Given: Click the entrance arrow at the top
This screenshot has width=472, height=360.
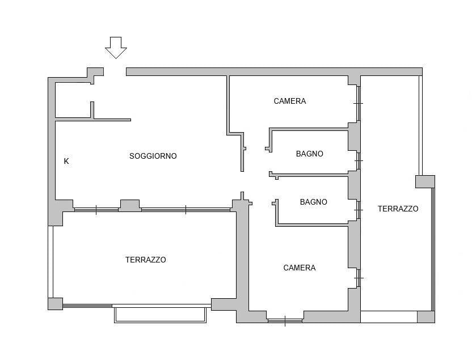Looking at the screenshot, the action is pos(116,48).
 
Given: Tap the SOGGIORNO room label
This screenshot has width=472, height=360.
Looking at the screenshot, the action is pos(153,156).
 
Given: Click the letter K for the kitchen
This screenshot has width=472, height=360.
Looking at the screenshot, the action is pos(66,161).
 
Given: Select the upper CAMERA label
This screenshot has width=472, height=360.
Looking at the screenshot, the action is pos(289,101).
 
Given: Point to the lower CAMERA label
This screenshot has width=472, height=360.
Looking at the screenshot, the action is pos(299,268).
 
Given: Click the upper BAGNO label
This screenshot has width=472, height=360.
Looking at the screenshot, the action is pos(309,154).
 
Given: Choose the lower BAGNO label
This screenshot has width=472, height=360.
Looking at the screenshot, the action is pos(313,202).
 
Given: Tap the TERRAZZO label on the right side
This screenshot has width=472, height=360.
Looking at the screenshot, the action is pos(398,209).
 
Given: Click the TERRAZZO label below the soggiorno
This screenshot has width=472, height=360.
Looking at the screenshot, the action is pos(146,260).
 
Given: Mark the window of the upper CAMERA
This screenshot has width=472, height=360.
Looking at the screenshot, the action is pos(358,103).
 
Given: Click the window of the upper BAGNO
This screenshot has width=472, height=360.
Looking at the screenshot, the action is pos(358,161).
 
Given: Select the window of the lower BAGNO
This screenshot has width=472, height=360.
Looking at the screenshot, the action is pos(358,210).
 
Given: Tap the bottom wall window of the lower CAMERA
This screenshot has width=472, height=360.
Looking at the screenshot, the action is pos(285,321).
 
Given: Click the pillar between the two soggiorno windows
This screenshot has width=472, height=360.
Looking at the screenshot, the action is pos(130,205).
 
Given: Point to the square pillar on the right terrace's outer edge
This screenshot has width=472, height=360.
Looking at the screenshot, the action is pos(425,181).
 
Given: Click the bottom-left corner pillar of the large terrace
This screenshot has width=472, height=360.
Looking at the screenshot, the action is pos(56,304).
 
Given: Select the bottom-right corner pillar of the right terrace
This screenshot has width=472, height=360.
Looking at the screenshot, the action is pos(426,317).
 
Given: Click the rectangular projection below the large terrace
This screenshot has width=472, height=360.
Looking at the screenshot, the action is pos(161,314).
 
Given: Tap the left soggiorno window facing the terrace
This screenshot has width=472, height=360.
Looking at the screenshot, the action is pos(96,210).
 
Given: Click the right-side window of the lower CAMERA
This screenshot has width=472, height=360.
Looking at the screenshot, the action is pos(358,278).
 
